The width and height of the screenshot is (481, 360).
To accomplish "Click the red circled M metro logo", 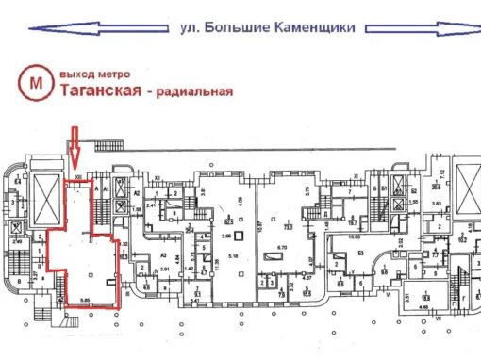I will (x=37, y=84).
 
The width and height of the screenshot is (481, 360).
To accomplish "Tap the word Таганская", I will (x=100, y=90).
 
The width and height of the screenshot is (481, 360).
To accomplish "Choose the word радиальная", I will (x=192, y=91).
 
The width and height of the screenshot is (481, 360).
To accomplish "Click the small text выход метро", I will (x=94, y=73).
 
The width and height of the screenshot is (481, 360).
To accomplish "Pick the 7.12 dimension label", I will (x=442, y=172).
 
